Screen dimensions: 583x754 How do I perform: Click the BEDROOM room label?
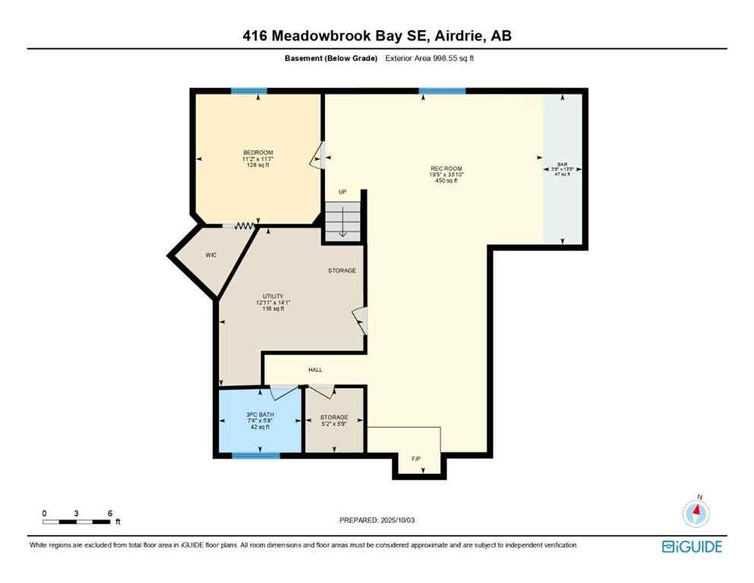click(257, 153)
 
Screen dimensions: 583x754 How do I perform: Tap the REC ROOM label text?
click(446, 169)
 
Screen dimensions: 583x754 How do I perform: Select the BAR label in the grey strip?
click(562, 164)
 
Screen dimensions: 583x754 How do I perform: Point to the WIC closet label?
click(211, 255)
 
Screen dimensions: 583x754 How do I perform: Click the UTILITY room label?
click(273, 296)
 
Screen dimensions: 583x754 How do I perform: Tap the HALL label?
click(315, 370)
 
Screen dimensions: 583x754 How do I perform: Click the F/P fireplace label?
click(416, 459)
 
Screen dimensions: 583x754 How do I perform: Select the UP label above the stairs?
click(342, 192)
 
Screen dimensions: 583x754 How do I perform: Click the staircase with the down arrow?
click(343, 220)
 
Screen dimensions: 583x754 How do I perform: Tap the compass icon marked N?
click(695, 514)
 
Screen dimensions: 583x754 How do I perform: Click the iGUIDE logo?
click(692, 547)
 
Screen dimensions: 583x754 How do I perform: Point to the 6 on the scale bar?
click(110, 513)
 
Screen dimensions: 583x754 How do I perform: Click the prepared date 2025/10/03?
click(377, 520)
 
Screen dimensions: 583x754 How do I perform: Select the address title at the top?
click(377, 36)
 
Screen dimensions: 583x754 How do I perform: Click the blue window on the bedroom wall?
click(249, 91)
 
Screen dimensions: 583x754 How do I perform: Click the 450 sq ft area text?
click(446, 181)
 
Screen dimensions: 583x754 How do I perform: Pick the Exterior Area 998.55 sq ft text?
click(430, 58)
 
